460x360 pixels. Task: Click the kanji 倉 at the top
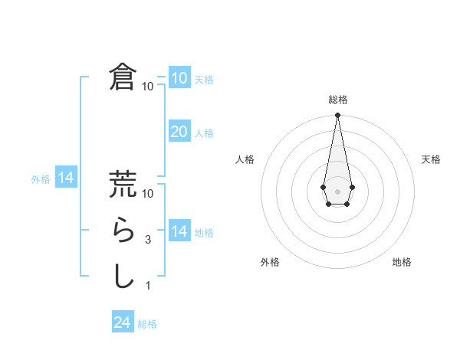click(123, 77)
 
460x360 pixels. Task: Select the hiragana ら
click(123, 230)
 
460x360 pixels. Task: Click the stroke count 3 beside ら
click(148, 240)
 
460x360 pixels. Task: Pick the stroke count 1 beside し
click(148, 286)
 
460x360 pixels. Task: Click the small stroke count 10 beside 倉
click(147, 87)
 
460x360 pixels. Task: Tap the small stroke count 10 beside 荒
click(148, 194)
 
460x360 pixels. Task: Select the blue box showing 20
click(179, 131)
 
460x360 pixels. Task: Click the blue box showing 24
click(122, 322)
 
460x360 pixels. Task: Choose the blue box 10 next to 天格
click(179, 77)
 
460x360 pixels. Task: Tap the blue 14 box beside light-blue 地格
click(179, 231)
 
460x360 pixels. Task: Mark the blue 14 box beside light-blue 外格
click(66, 178)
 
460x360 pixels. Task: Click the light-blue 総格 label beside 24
click(147, 324)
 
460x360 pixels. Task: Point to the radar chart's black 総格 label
click(337, 100)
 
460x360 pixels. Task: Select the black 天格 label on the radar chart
click(431, 159)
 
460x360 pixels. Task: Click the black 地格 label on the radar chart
click(402, 262)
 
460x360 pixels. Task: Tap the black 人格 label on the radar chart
click(245, 159)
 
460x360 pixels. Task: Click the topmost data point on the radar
click(337, 116)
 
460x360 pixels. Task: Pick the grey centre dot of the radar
click(337, 190)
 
